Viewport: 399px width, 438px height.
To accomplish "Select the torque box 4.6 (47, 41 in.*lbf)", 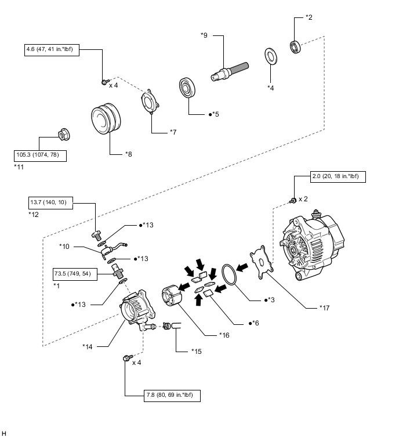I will (x=52, y=50).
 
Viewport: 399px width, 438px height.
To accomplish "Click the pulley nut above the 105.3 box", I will (x=62, y=135).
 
